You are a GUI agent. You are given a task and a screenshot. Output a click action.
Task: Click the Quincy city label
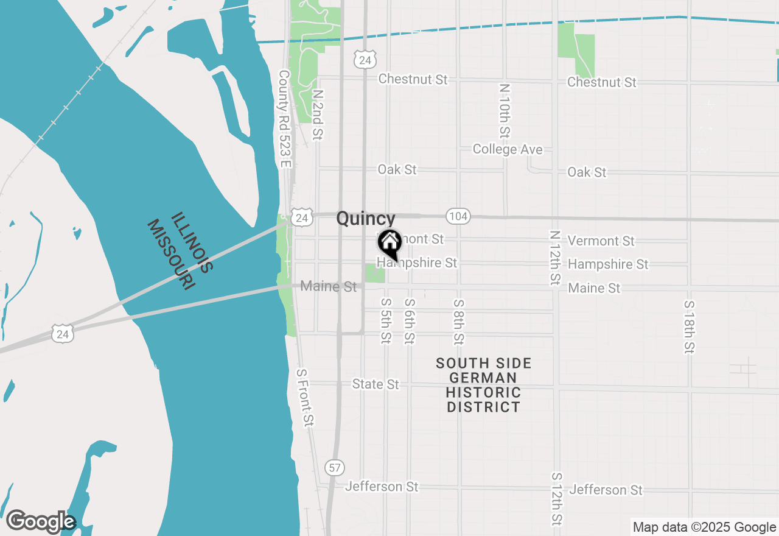(365, 219)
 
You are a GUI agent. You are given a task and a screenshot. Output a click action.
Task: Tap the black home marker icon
(389, 244)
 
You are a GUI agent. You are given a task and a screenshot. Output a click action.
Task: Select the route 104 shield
(458, 216)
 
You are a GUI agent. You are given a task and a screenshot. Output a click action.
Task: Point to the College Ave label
(508, 149)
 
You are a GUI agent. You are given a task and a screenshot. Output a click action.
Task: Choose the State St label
(376, 384)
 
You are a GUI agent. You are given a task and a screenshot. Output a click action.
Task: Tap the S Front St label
(305, 398)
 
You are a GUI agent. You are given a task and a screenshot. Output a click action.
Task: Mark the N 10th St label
(503, 110)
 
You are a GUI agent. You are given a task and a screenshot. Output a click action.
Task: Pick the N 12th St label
(554, 257)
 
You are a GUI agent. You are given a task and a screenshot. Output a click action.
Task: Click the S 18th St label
(689, 327)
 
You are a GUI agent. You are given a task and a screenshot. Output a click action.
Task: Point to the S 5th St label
(385, 320)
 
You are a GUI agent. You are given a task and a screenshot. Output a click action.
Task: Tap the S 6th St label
(410, 320)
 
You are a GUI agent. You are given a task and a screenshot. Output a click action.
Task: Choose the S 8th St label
(458, 322)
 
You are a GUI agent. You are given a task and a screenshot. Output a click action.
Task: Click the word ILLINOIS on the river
(191, 242)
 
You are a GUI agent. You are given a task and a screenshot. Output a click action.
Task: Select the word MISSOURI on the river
(171, 255)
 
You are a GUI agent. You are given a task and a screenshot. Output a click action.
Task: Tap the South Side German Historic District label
(484, 385)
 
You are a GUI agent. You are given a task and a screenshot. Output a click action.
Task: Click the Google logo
(40, 522)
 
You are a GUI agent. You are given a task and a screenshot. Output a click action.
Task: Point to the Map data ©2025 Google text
(704, 527)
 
